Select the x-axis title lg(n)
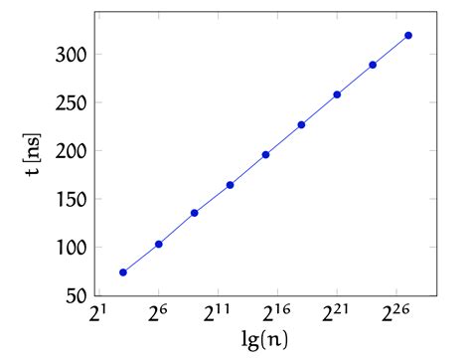pos(264,342)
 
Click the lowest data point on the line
pos(123,272)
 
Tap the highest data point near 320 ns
pos(408,36)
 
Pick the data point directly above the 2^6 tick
pos(159,244)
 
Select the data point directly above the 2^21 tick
pos(337,94)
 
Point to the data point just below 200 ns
pos(265,155)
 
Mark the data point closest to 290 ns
pos(373,65)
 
